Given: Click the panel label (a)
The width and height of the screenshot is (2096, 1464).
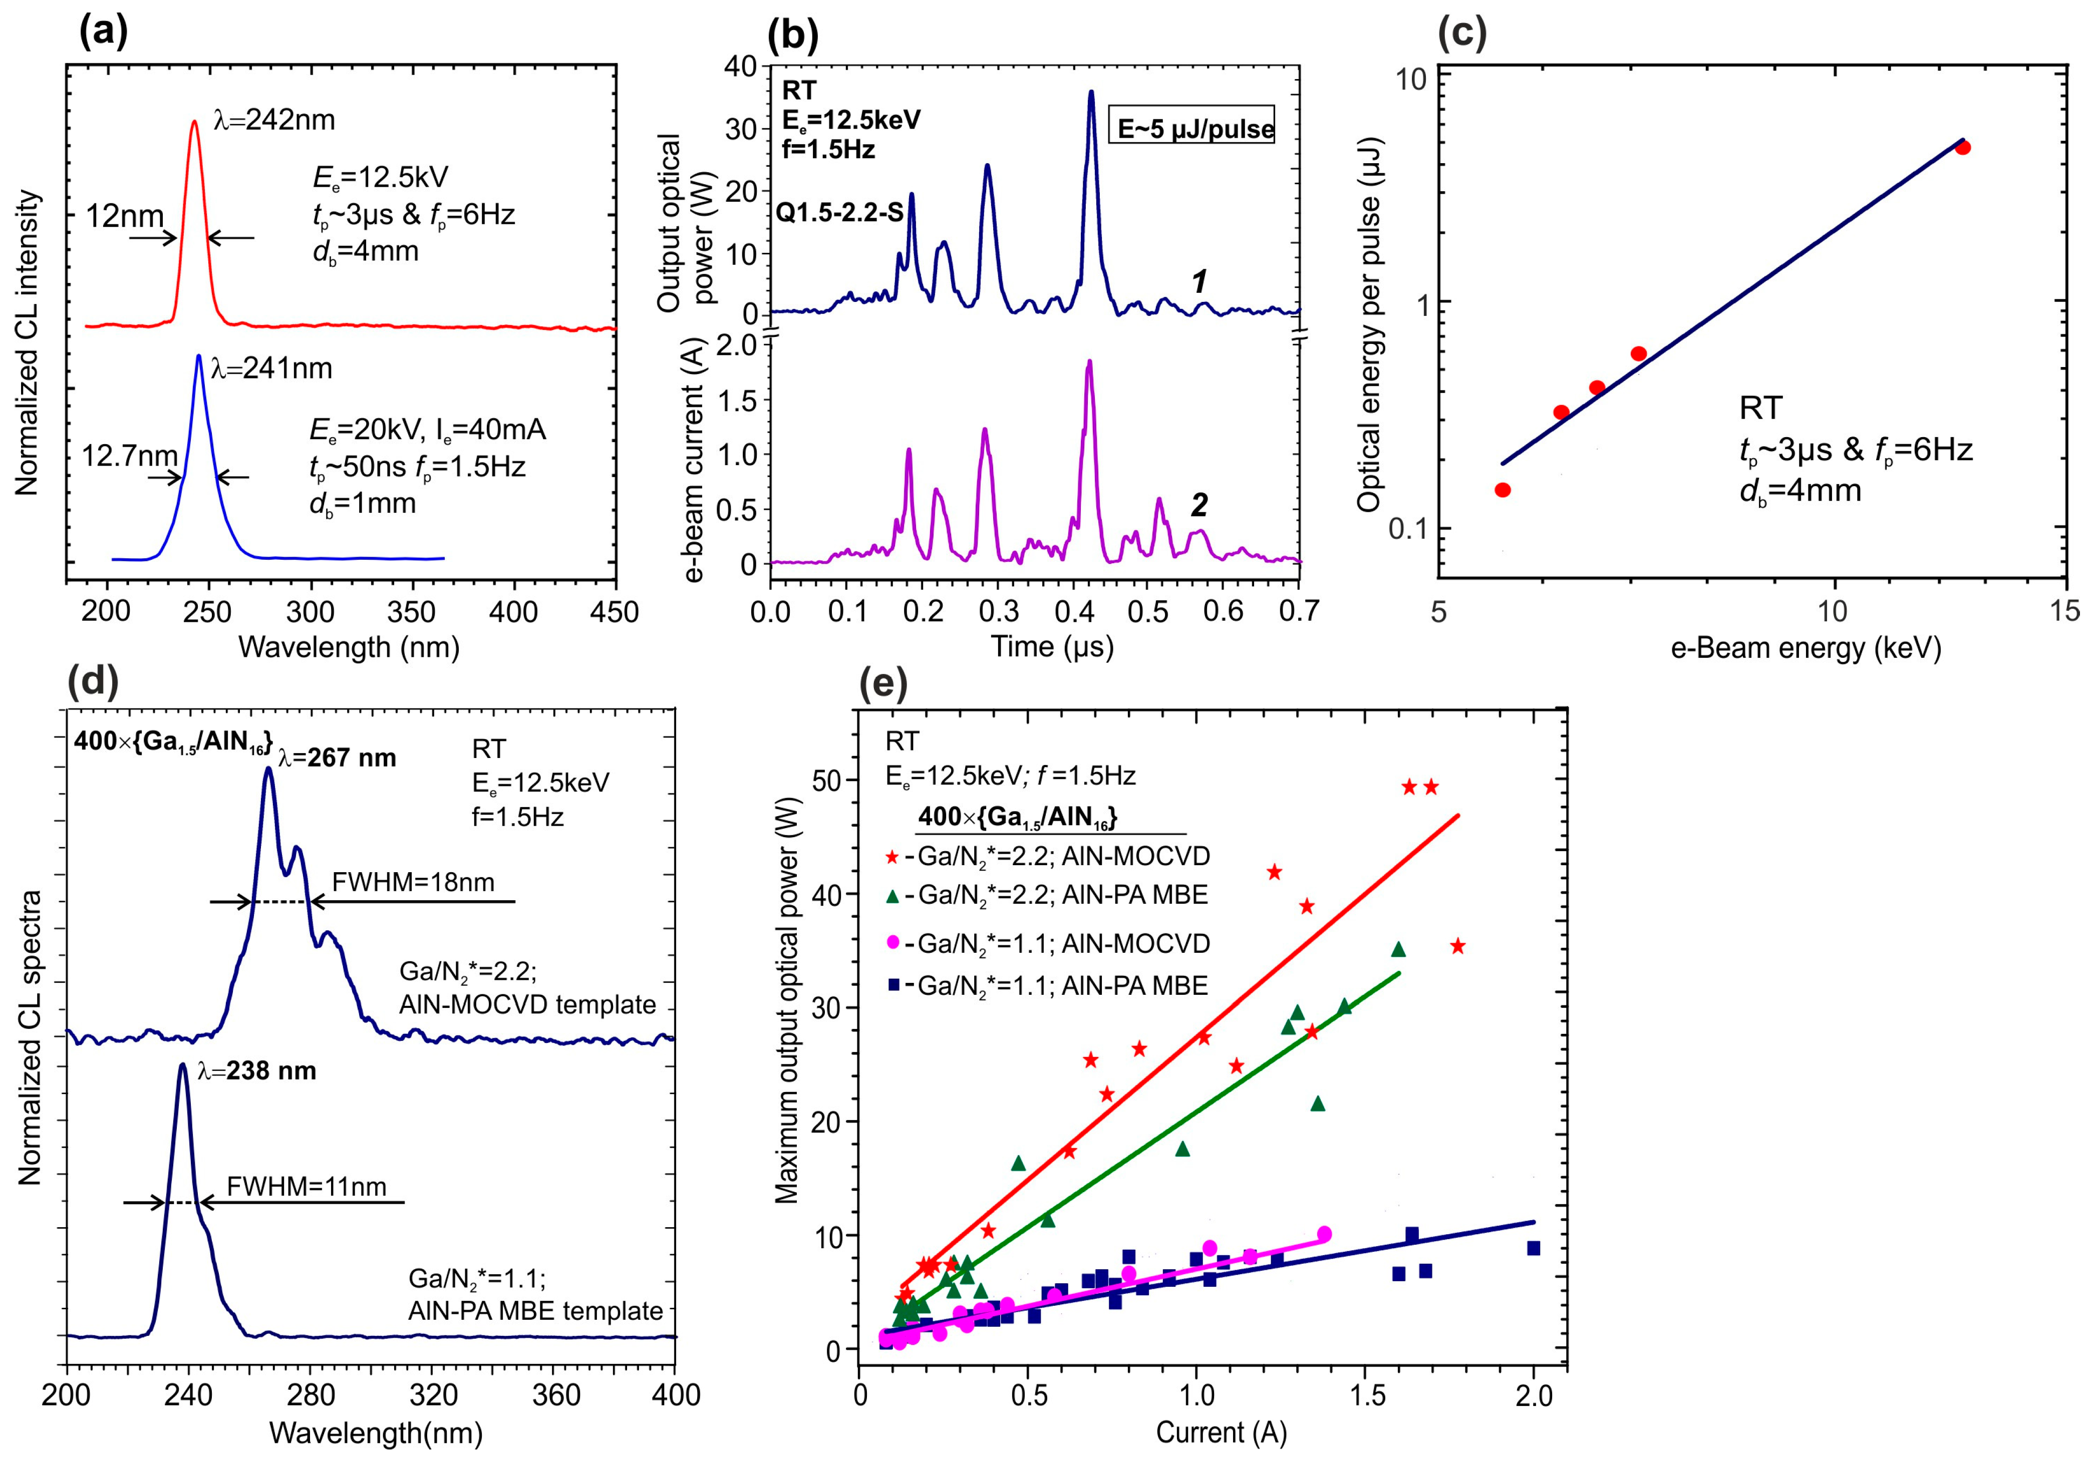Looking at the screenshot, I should pyautogui.click(x=103, y=32).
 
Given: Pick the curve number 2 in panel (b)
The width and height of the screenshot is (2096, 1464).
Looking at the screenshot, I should pyautogui.click(x=1199, y=505).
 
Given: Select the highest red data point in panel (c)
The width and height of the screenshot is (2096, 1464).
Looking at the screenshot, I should pyautogui.click(x=1963, y=147).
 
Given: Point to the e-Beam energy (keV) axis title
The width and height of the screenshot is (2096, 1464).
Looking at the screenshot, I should pyautogui.click(x=1806, y=648).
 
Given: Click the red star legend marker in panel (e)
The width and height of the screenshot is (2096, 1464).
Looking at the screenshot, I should pyautogui.click(x=893, y=857).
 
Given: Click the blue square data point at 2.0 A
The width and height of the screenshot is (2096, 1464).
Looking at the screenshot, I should pyautogui.click(x=1534, y=1248).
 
